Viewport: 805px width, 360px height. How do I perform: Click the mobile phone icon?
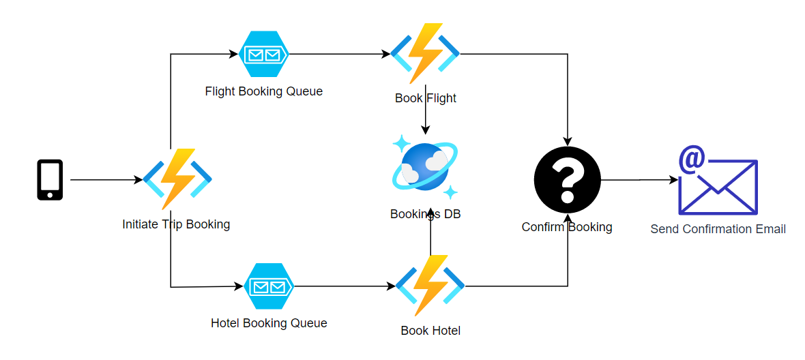tap(50, 180)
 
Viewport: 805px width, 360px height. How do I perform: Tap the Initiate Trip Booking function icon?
tap(177, 179)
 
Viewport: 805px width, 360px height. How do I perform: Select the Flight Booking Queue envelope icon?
tap(265, 55)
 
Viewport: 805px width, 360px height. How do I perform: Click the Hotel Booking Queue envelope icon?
tap(269, 286)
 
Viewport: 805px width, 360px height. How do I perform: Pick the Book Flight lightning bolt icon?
tap(425, 53)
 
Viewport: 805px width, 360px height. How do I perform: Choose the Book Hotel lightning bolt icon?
tap(430, 286)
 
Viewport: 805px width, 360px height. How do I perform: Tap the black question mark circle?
tap(567, 180)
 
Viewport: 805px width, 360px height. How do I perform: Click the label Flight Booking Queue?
tap(263, 91)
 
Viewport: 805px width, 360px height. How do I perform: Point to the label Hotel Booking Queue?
tap(269, 323)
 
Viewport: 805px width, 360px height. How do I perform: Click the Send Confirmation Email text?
tap(718, 229)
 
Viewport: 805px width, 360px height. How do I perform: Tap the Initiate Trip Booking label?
tap(176, 224)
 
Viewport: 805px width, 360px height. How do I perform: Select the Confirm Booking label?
tap(567, 227)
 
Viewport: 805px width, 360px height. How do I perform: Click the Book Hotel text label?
tap(430, 331)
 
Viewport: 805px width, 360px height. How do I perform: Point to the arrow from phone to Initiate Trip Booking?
tap(106, 180)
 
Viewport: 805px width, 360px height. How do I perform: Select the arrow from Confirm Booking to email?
tap(639, 180)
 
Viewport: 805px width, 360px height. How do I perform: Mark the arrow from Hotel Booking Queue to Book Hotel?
tap(345, 286)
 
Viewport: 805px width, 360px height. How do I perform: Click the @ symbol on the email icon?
tap(692, 160)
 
